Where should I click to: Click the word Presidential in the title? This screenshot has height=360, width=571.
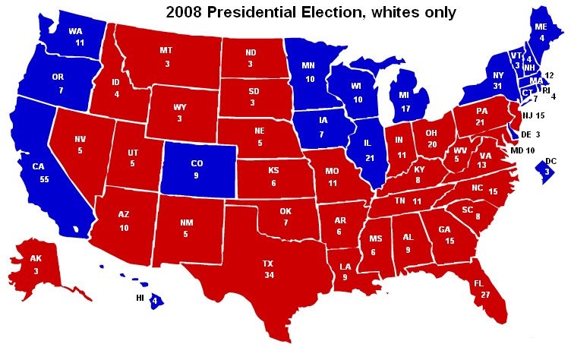(x=257, y=11)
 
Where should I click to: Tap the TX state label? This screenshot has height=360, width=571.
(x=268, y=264)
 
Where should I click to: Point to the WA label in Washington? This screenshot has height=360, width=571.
(x=76, y=31)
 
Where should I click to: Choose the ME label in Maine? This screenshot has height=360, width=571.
(x=541, y=25)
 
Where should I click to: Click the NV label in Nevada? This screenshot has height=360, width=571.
(x=81, y=139)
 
